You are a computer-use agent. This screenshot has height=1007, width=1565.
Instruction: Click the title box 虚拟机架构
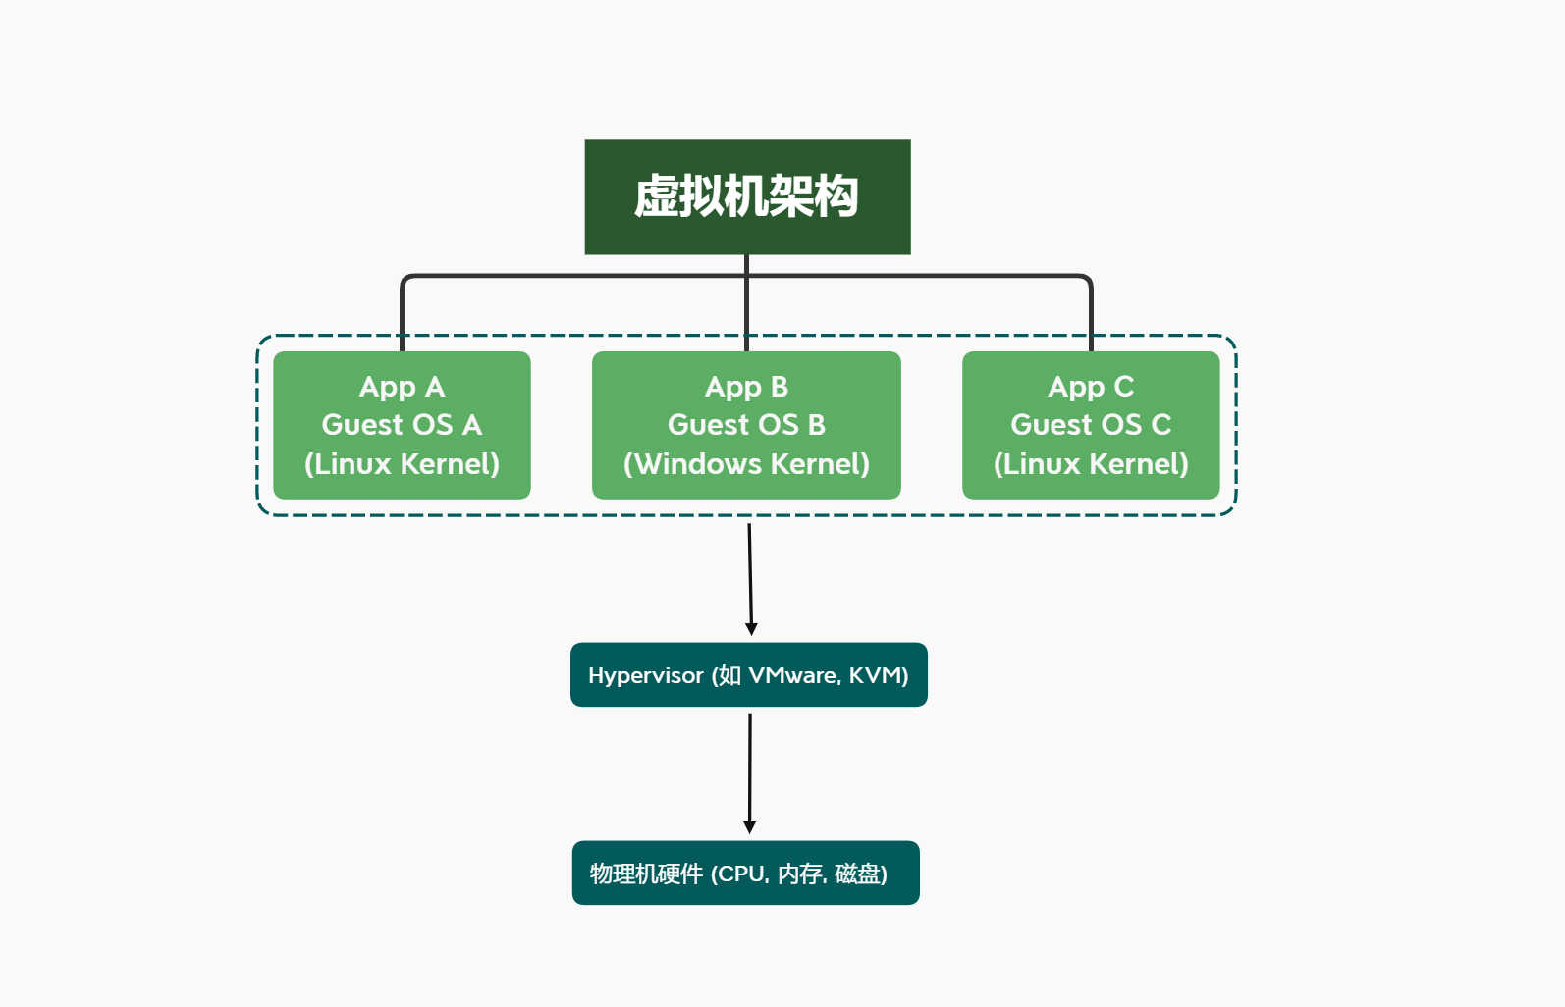pos(747,197)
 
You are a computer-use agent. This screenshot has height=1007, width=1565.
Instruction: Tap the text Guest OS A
pos(402,425)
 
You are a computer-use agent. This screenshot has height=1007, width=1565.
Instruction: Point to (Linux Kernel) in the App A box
pos(402,464)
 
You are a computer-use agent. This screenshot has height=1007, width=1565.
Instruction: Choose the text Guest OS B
pos(746,425)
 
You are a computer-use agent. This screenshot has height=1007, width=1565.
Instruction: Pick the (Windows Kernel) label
pos(746,464)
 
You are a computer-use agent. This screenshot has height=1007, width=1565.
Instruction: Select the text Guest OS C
pos(1091,425)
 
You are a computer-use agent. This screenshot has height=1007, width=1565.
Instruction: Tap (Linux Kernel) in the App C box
pos(1091,464)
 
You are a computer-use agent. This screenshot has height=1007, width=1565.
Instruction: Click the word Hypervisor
pos(646,676)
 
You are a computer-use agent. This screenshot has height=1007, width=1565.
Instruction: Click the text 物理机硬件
pos(646,874)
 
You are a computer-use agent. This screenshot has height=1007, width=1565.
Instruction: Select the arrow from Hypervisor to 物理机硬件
pos(750,773)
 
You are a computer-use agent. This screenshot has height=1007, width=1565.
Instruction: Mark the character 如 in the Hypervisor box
pos(729,675)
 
